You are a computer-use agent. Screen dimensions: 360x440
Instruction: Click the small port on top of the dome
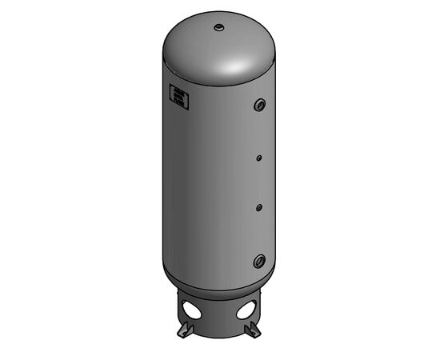click(x=218, y=28)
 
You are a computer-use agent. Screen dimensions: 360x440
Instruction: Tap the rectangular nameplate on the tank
click(x=178, y=97)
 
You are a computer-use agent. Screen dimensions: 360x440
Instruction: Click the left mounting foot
click(x=183, y=330)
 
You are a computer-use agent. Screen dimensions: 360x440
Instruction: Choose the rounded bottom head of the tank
click(x=218, y=282)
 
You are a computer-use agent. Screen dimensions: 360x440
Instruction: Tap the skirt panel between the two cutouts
click(x=220, y=312)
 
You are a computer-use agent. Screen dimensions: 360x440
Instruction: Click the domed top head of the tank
click(x=200, y=48)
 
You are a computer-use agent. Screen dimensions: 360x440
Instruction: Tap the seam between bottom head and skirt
click(x=218, y=291)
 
